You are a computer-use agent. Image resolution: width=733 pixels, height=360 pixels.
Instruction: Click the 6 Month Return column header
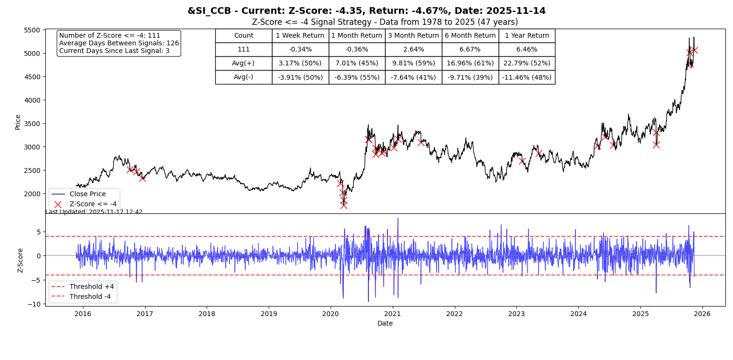[x=470, y=36]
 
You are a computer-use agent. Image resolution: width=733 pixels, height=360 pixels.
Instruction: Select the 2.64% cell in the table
[x=413, y=50]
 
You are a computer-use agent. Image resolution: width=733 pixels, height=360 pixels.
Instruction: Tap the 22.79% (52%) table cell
[x=526, y=64]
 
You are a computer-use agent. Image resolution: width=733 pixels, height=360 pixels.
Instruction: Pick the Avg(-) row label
[x=243, y=77]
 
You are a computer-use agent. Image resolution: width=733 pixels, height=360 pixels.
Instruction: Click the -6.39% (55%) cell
[x=356, y=77]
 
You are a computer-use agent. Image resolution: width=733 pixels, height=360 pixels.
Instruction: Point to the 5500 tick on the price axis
[x=32, y=30]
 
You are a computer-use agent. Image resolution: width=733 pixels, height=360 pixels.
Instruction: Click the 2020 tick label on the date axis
[x=331, y=314]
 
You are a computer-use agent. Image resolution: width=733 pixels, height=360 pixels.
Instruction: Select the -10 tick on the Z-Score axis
[x=32, y=304]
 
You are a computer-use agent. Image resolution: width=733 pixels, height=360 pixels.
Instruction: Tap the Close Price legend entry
[x=87, y=194]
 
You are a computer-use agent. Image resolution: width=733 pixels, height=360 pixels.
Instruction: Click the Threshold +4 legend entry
[x=92, y=287]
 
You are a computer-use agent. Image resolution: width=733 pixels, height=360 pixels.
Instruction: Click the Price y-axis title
[x=18, y=122]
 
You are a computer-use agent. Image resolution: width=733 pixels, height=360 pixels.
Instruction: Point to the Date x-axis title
[x=385, y=324]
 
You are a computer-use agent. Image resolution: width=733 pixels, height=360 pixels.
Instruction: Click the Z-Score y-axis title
[x=21, y=260]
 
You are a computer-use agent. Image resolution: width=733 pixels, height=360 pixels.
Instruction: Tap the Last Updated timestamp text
[x=94, y=212]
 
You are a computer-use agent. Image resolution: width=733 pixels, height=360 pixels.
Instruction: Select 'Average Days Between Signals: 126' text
[x=119, y=43]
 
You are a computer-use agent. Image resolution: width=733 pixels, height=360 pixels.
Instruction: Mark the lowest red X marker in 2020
[x=344, y=205]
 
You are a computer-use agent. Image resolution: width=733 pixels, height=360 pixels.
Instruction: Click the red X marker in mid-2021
[x=420, y=142]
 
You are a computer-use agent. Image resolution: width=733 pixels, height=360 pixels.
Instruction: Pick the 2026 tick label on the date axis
[x=702, y=314]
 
